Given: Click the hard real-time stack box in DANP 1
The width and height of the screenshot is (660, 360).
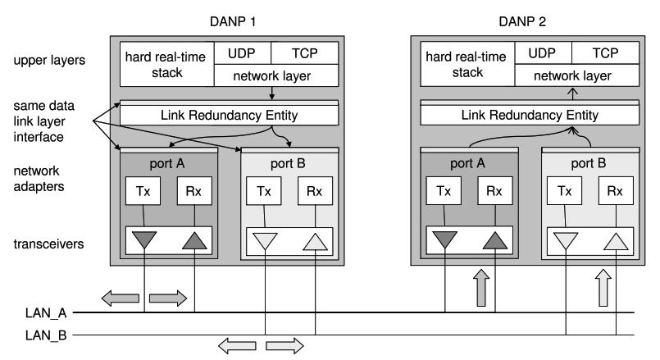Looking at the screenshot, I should click(x=166, y=63).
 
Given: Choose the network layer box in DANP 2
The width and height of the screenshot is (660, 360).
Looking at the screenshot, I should click(x=573, y=75).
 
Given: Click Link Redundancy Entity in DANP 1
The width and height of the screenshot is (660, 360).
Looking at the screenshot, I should click(x=230, y=115).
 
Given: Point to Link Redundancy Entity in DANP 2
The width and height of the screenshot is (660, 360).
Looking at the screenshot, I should click(x=530, y=115).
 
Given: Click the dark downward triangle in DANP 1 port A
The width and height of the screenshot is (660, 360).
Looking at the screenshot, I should click(x=144, y=241).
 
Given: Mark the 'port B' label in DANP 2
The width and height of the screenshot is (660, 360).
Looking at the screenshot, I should click(x=589, y=162).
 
